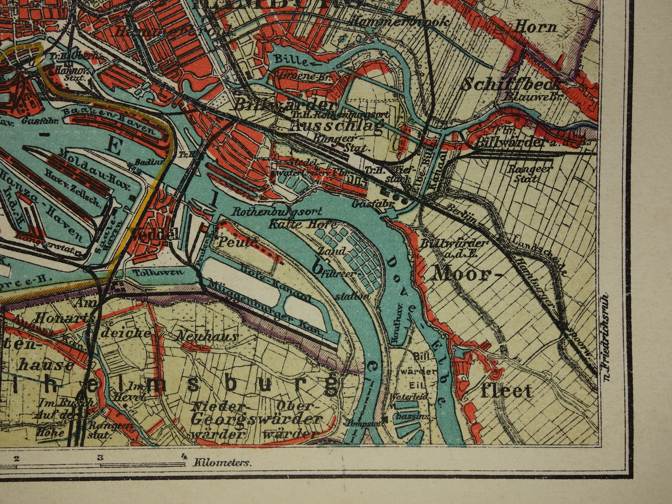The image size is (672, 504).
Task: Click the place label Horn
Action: [x=535, y=27]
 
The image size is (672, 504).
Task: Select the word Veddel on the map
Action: [x=155, y=234]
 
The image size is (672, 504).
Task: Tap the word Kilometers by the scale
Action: [x=223, y=463]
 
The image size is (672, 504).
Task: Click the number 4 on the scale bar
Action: [x=184, y=457]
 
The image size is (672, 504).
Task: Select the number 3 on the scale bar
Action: [x=100, y=457]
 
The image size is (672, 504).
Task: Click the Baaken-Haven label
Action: [x=110, y=119]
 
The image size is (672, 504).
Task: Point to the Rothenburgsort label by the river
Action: [x=277, y=212]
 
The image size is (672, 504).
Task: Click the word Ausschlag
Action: [x=337, y=126]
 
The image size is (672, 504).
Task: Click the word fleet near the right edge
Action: [x=506, y=391]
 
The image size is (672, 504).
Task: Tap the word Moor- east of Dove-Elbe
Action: [x=461, y=274]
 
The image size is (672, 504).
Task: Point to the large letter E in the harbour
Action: [x=113, y=146]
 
